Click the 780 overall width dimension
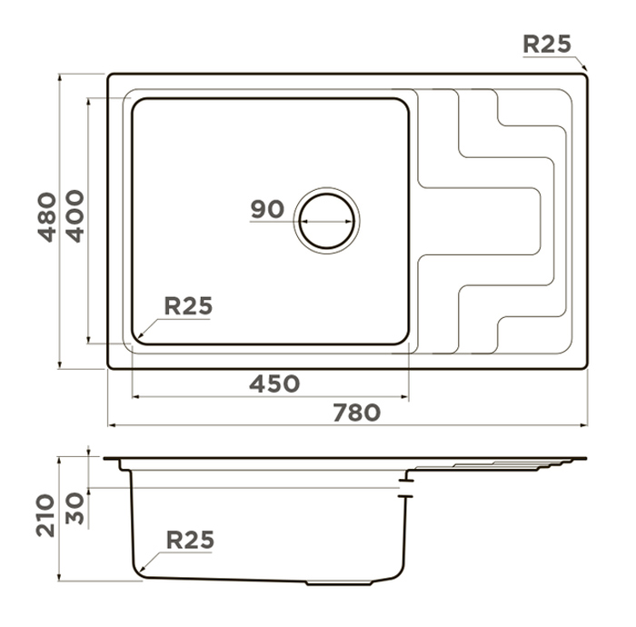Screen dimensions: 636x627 click(356, 412)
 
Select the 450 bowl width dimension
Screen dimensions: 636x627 click(274, 383)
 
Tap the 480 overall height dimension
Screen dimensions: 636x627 click(47, 217)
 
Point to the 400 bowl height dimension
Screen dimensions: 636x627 click(75, 216)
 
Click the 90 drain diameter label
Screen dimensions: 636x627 click(267, 209)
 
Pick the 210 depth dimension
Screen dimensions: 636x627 click(45, 515)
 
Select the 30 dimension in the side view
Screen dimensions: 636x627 click(75, 508)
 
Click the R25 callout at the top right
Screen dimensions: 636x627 click(547, 44)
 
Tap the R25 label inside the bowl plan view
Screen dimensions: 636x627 click(188, 306)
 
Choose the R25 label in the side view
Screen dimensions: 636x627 click(190, 540)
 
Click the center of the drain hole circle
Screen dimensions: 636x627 click(326, 221)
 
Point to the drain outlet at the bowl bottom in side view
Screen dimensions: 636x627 click(339, 583)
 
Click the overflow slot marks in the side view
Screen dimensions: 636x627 click(405, 488)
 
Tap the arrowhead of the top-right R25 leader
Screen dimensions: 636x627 click(584, 68)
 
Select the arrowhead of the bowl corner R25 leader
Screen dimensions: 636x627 click(141, 335)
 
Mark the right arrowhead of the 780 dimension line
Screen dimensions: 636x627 click(584, 425)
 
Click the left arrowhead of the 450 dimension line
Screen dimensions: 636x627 click(136, 396)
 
